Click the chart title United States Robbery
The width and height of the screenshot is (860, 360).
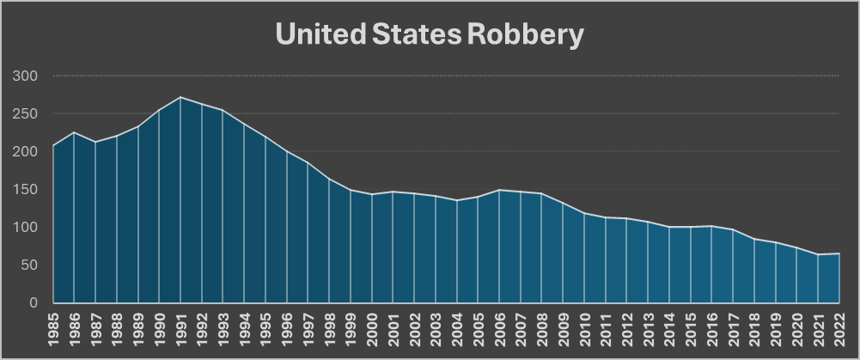tap(430, 34)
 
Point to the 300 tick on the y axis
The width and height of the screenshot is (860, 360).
tap(27, 76)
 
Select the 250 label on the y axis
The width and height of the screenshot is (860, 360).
tap(27, 114)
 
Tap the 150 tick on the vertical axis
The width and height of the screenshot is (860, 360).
tap(27, 190)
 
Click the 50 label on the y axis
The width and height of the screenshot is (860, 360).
tap(31, 265)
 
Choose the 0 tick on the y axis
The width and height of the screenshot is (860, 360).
tap(34, 303)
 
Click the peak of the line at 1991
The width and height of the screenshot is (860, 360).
tap(180, 97)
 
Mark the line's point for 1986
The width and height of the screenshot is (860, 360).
tap(74, 132)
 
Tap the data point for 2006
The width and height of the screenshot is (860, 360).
tap(499, 190)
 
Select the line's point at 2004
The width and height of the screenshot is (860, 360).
tap(457, 200)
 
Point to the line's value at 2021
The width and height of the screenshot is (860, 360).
tap(818, 254)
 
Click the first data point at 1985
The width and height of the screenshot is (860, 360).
tap(53, 145)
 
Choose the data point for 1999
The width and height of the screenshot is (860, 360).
tap(351, 190)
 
